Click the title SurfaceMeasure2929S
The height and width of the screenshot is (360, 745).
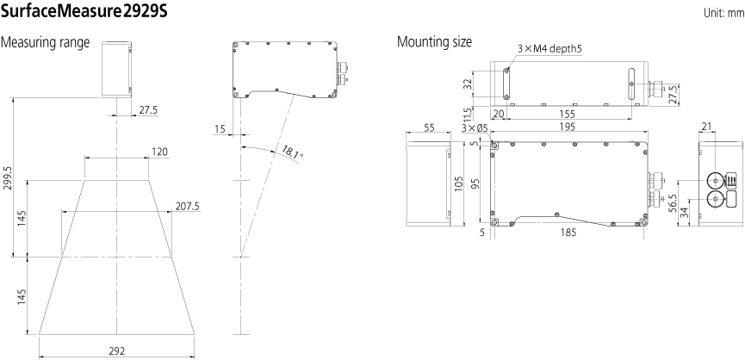[x=84, y=11]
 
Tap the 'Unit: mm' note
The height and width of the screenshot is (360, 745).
[x=723, y=13]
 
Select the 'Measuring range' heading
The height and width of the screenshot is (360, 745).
[x=45, y=43]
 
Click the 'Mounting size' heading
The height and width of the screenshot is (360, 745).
[x=434, y=42]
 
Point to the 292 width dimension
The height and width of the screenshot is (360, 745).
[x=117, y=351]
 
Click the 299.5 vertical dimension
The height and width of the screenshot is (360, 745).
[x=9, y=177]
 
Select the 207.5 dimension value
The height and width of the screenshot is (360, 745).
[x=188, y=206]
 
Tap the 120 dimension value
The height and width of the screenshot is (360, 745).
[x=159, y=152]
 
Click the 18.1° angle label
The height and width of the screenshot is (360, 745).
[x=292, y=153]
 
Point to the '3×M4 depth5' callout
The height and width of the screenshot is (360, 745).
[x=549, y=48]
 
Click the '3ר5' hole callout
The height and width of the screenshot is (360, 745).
[x=475, y=127]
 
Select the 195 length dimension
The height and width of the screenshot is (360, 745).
[x=568, y=127]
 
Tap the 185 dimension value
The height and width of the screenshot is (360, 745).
[x=568, y=233]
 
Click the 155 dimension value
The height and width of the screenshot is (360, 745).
[x=568, y=114]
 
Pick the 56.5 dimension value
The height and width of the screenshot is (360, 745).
[x=671, y=205]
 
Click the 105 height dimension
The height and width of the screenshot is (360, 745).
[x=458, y=183]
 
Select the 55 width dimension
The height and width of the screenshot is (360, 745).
[x=429, y=127]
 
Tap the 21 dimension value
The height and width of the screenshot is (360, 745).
[x=706, y=126]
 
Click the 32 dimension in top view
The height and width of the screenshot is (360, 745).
[x=468, y=84]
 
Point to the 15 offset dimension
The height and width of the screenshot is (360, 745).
[x=220, y=128]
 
